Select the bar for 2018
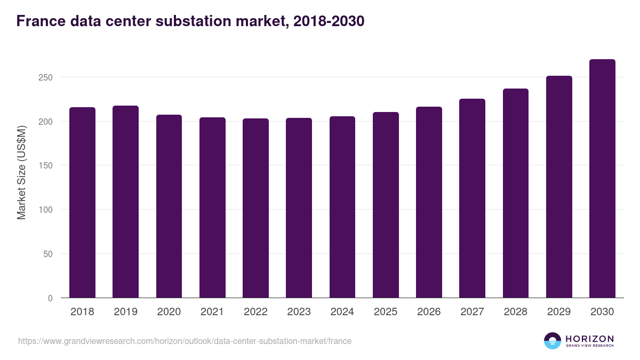tap(82, 203)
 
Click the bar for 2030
tap(602, 179)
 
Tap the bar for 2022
tap(255, 208)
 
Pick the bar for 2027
tap(472, 198)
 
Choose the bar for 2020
tap(169, 206)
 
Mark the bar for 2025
tap(386, 205)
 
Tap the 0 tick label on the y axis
tap(50, 298)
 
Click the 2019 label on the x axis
tap(125, 312)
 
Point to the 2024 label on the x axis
tap(342, 312)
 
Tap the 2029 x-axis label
tap(558, 312)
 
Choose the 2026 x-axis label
tap(429, 312)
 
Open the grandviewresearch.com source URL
tap(185, 341)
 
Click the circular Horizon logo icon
tap(553, 341)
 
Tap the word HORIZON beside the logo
tap(589, 338)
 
